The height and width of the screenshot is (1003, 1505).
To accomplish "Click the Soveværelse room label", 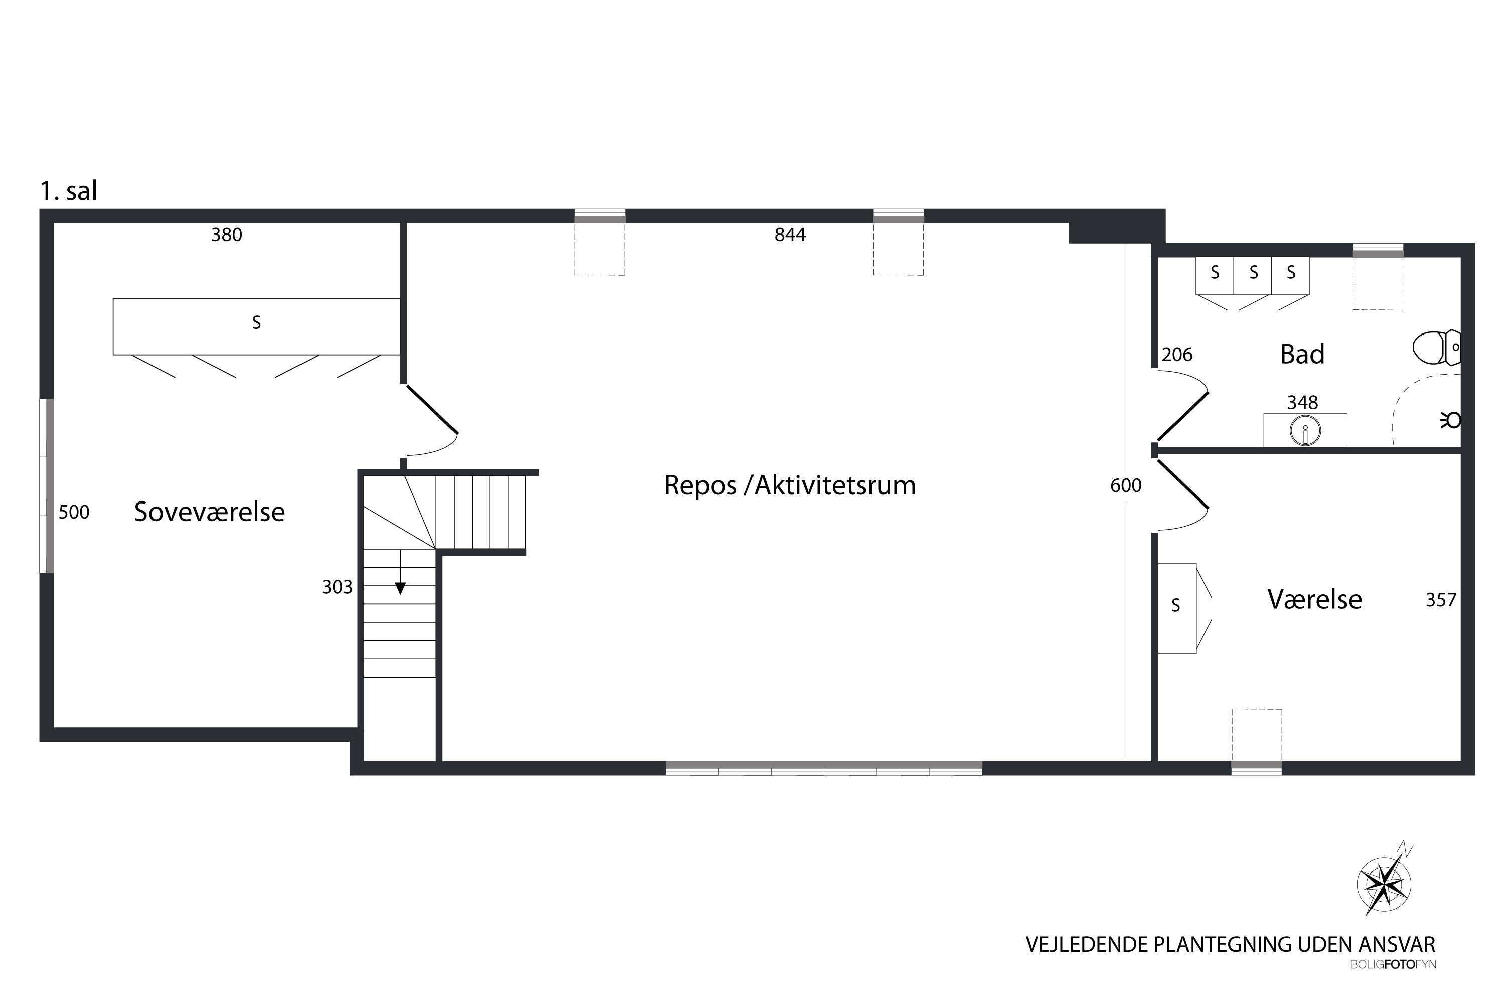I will [x=209, y=512].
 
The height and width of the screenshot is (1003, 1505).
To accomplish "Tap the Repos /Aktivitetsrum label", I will [x=790, y=485].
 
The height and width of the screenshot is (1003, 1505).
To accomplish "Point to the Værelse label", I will [x=1314, y=599].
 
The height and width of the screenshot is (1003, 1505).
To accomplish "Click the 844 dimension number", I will [x=790, y=235].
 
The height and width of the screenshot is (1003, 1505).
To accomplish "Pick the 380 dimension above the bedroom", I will [x=227, y=235].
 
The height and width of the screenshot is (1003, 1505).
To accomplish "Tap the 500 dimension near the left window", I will [x=74, y=512].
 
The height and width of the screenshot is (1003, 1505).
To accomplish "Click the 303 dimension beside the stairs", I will [x=337, y=587].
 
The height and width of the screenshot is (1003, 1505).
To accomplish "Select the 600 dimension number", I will [x=1126, y=485].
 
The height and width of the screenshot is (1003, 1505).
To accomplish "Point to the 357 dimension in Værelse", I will [x=1440, y=600].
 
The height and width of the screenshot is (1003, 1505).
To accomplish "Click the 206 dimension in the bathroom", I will [x=1177, y=355].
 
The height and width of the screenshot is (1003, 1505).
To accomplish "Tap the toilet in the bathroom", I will [x=1435, y=348].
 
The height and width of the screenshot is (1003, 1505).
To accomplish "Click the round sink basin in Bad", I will [x=1305, y=430].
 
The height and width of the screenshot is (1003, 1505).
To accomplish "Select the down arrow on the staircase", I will [x=400, y=587].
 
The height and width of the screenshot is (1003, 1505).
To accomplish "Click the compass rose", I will [x=1384, y=885].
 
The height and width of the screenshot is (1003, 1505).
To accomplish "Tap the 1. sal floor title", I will [x=68, y=191].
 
